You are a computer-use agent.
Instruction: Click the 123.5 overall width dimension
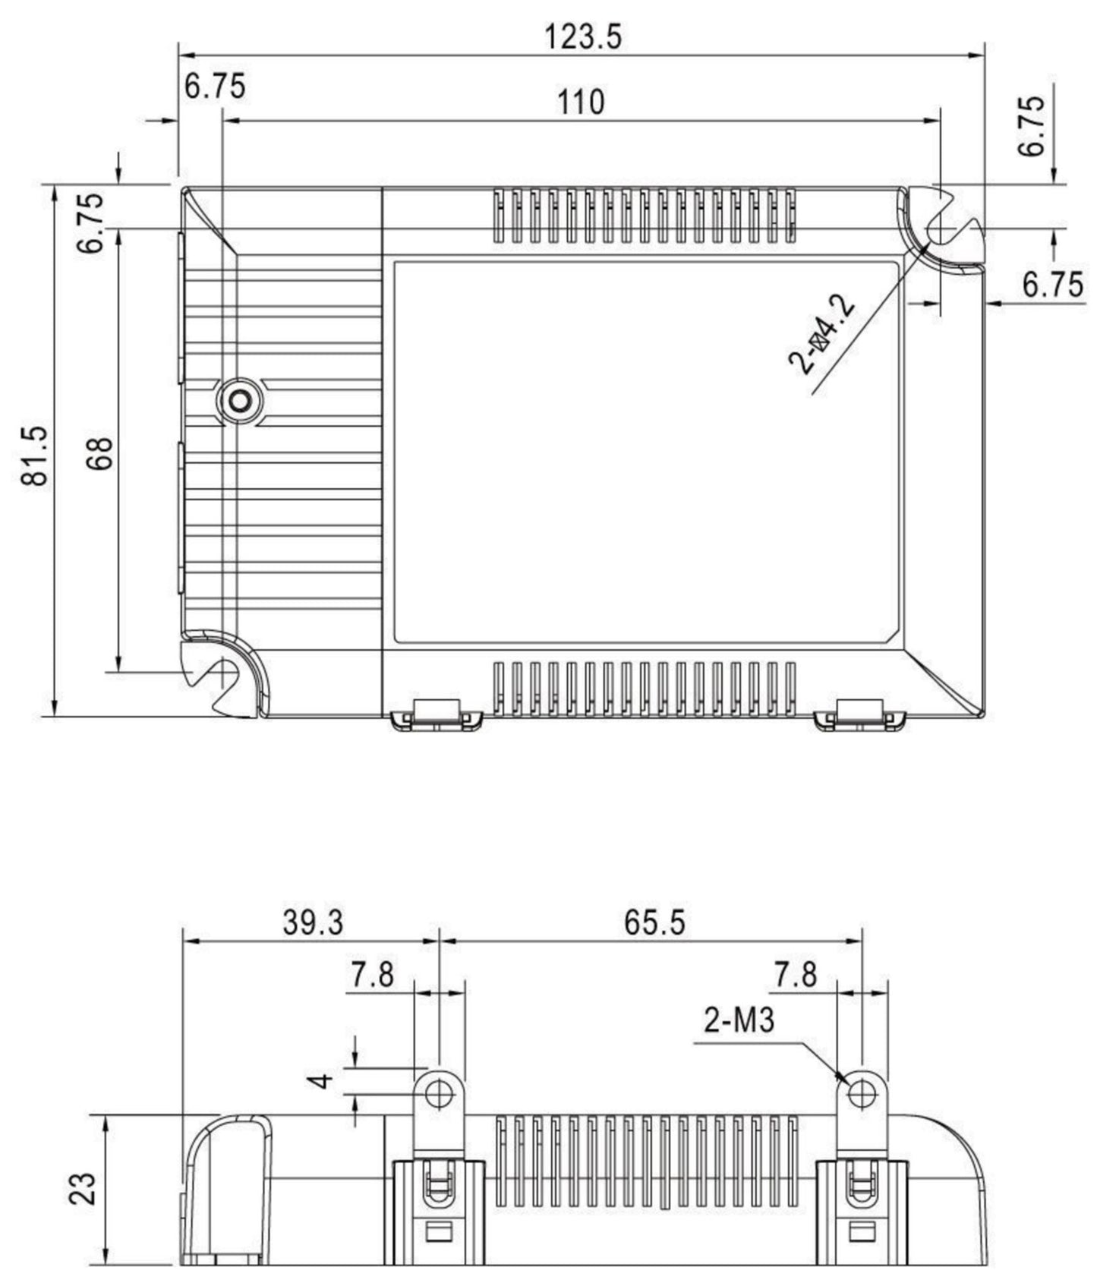pos(583,36)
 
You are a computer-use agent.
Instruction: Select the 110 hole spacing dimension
pos(581,102)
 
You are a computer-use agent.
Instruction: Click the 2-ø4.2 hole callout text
pos(823,336)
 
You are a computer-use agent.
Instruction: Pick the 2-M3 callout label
pos(739,1020)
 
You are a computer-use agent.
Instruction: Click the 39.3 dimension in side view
pos(313,922)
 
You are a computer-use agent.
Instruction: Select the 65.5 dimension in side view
pos(654,922)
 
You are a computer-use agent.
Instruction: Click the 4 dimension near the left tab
pos(324,1080)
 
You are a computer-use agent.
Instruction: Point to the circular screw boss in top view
pos(241,400)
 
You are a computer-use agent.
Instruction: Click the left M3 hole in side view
pos(439,1094)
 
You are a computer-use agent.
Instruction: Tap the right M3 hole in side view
pos(861,1094)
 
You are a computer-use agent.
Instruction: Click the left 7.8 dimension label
pos(372,974)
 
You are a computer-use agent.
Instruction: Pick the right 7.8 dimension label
pos(795,974)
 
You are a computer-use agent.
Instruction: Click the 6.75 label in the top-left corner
pos(216,87)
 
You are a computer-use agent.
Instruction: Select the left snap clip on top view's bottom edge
pos(437,716)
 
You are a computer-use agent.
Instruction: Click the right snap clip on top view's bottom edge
pos(859,716)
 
